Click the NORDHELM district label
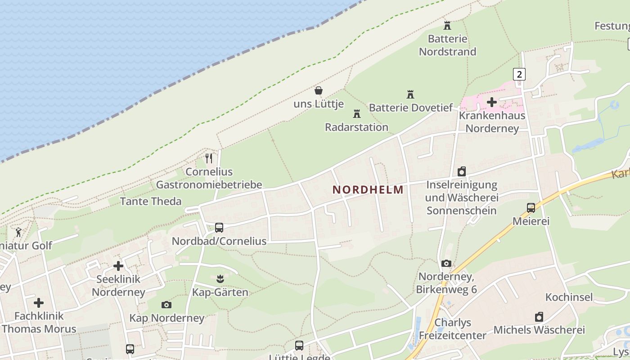(x=368, y=190)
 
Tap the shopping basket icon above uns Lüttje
(x=319, y=90)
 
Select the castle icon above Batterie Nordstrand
(x=447, y=25)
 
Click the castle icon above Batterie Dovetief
(x=410, y=94)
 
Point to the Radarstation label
(x=356, y=127)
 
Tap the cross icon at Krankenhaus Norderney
(x=492, y=102)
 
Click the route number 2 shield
(x=519, y=74)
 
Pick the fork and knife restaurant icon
(x=209, y=158)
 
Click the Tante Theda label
(x=151, y=201)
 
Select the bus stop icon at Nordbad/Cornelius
(x=219, y=228)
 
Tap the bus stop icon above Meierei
(x=531, y=208)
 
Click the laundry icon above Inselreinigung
(x=462, y=171)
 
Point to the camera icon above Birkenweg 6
(x=446, y=263)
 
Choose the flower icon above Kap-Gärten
(x=220, y=279)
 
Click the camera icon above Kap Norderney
(x=166, y=305)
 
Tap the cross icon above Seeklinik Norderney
(x=118, y=266)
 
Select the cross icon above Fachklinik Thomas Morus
(x=39, y=302)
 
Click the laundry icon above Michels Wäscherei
(x=539, y=317)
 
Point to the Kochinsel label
(x=569, y=297)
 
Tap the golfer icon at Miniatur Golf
(x=18, y=232)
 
